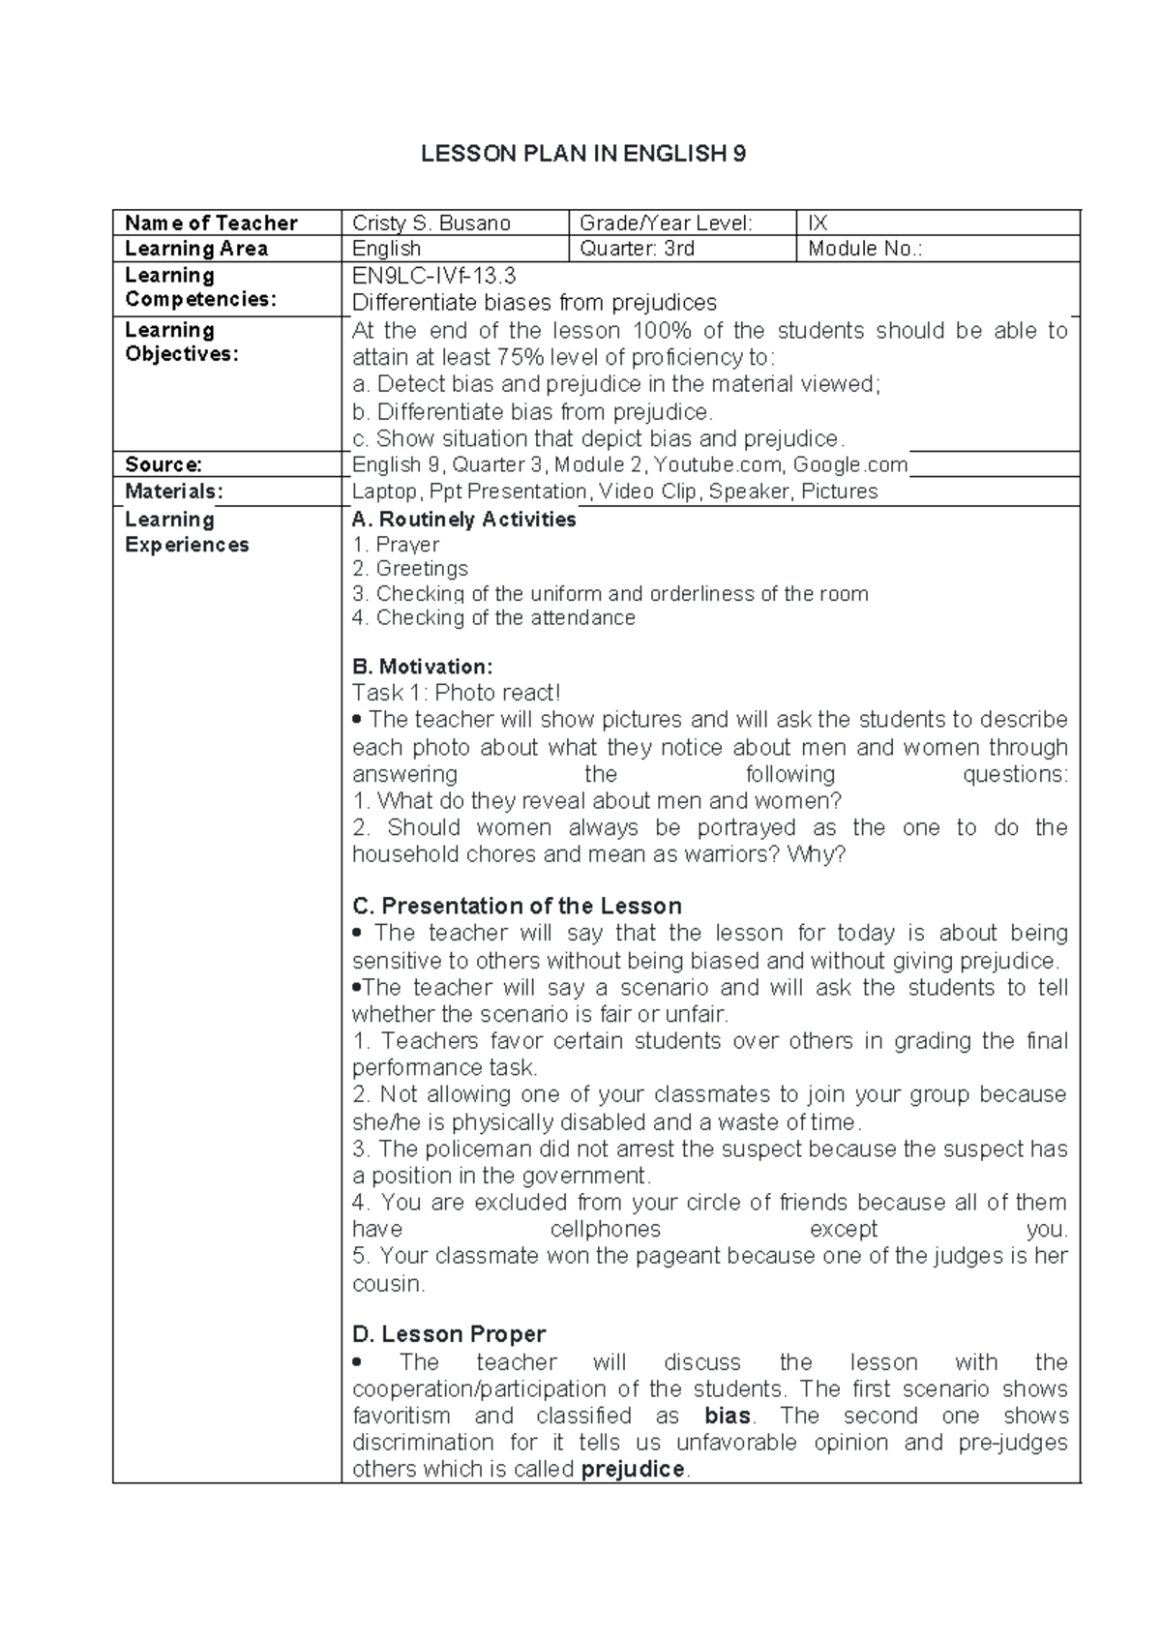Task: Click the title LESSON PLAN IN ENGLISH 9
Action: pos(582,154)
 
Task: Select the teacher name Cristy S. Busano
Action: pos(432,224)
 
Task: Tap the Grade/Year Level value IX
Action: pos(818,224)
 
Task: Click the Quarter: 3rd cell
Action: pos(637,249)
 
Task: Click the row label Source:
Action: pos(163,464)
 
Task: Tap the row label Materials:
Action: pos(173,492)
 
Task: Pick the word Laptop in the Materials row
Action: pos(384,492)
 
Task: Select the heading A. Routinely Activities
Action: pos(464,520)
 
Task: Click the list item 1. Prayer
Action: pos(396,545)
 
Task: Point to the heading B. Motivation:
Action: pos(423,667)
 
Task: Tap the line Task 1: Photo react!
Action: pos(456,693)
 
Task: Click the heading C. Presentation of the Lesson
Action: pos(517,907)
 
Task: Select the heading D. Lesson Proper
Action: pos(449,1335)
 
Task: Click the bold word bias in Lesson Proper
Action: pos(728,1417)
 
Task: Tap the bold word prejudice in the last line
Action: pos(632,1470)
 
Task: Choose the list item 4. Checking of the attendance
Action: pos(493,618)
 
